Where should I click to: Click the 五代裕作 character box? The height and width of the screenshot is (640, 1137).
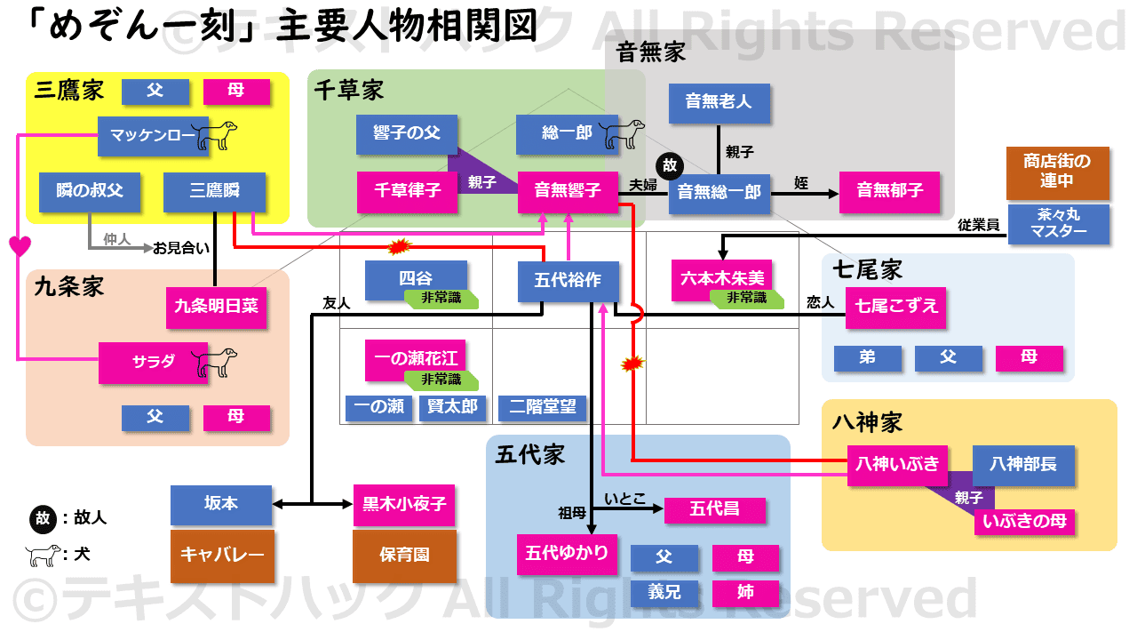[x=568, y=281]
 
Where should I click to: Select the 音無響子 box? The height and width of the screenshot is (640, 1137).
[x=568, y=191]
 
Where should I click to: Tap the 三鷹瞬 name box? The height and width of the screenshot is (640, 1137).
[x=214, y=191]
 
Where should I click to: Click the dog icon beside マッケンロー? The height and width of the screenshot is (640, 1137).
[x=216, y=135]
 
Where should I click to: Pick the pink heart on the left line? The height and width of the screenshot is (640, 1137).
[x=20, y=245]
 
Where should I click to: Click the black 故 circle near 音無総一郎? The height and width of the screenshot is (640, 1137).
[x=667, y=166]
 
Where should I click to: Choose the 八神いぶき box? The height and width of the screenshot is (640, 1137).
[x=896, y=464]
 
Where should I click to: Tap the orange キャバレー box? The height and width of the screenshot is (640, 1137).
[x=221, y=556]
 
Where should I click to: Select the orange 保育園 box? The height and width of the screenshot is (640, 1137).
[x=404, y=556]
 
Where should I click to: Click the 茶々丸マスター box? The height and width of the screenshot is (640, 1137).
[x=1058, y=224]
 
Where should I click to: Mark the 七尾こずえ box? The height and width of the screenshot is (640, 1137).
[x=895, y=307]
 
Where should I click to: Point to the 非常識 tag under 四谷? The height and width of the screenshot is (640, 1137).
[x=441, y=299]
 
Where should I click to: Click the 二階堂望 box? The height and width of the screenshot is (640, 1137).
[x=542, y=408]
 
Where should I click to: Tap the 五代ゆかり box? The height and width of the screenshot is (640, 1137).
[x=567, y=554]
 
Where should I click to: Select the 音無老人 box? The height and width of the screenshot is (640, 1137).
[x=719, y=102]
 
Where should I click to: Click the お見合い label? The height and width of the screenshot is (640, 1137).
[x=181, y=248]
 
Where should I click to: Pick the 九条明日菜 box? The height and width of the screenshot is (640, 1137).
[x=216, y=307]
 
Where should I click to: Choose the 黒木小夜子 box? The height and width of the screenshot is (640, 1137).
[x=404, y=504]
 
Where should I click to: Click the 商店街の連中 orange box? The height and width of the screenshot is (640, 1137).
[x=1057, y=172]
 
